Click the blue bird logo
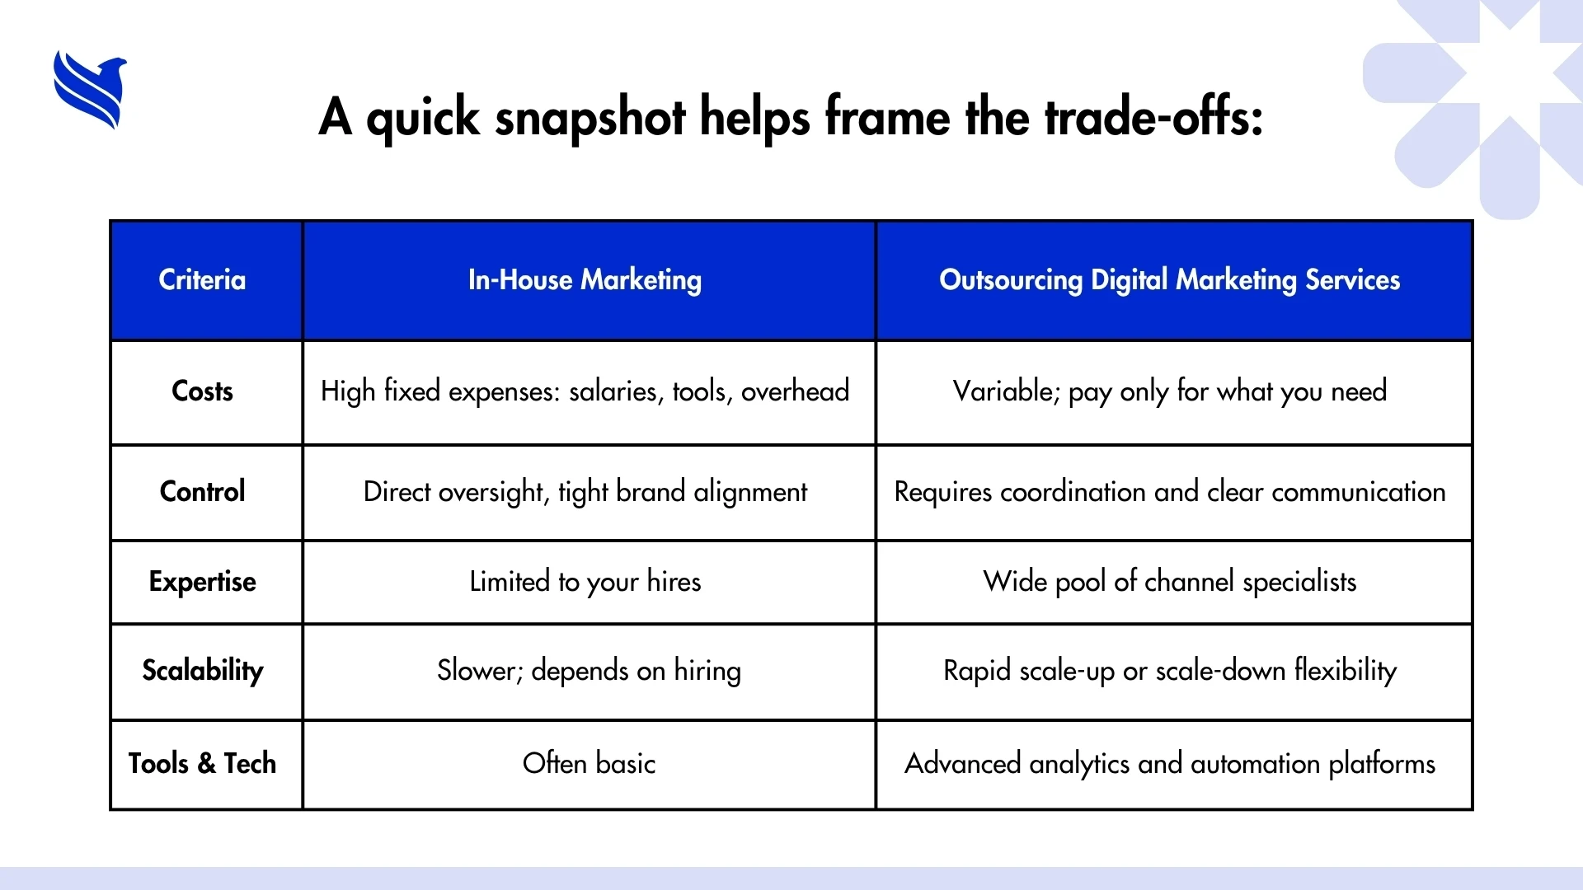click(90, 90)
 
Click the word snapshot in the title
click(590, 118)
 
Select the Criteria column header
click(202, 279)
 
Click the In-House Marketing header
click(585, 280)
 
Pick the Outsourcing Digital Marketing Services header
click(1170, 280)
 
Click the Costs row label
click(202, 391)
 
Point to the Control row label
click(202, 491)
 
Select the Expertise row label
click(202, 582)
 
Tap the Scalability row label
click(203, 671)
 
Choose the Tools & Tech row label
click(202, 763)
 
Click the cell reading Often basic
click(590, 763)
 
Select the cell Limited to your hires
click(585, 582)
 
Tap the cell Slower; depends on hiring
click(589, 671)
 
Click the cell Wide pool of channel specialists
click(1170, 582)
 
